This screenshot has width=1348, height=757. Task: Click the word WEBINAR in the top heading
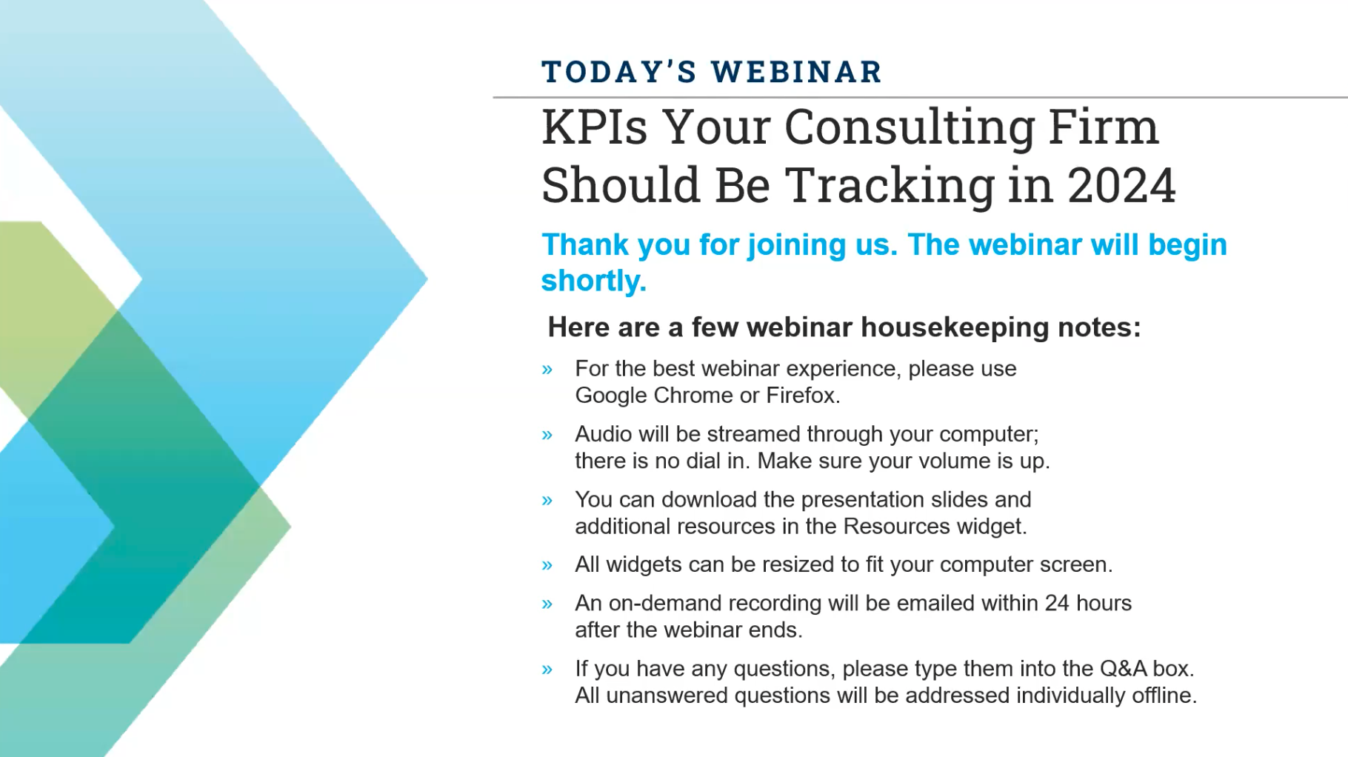coord(796,72)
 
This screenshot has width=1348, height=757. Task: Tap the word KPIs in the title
coord(594,127)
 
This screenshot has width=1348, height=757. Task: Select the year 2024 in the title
coord(1121,185)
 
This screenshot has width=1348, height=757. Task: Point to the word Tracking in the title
coord(890,185)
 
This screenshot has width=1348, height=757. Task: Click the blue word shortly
coord(593,281)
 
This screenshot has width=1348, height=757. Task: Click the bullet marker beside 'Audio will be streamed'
coord(547,435)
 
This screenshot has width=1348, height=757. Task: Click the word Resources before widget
coord(896,526)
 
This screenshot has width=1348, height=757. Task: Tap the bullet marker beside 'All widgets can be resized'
coord(547,566)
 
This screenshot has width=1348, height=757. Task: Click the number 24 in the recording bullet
coord(1057,603)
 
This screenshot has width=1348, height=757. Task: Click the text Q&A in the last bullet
coord(1122,668)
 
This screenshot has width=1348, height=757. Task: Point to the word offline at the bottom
coord(1164,696)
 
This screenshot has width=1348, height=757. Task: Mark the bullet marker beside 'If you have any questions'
coord(547,670)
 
